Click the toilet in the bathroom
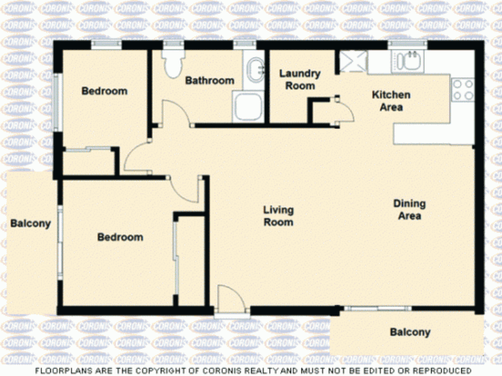[173, 63]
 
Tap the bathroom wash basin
[256, 70]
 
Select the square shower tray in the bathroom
[248, 106]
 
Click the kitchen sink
[408, 60]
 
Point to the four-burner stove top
[462, 90]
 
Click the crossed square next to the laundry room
[353, 61]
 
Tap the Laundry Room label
[300, 80]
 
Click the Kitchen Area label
[391, 101]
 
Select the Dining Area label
[410, 210]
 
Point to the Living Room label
[278, 216]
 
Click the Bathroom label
[210, 80]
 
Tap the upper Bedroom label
[104, 91]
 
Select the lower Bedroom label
[120, 237]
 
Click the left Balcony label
[31, 223]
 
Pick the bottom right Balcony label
[410, 332]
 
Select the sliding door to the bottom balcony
[378, 308]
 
